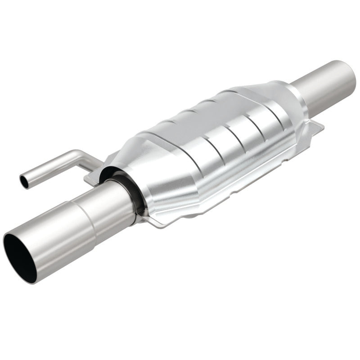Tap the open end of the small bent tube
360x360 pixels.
point(23,181)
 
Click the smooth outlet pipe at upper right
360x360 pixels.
point(322,85)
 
